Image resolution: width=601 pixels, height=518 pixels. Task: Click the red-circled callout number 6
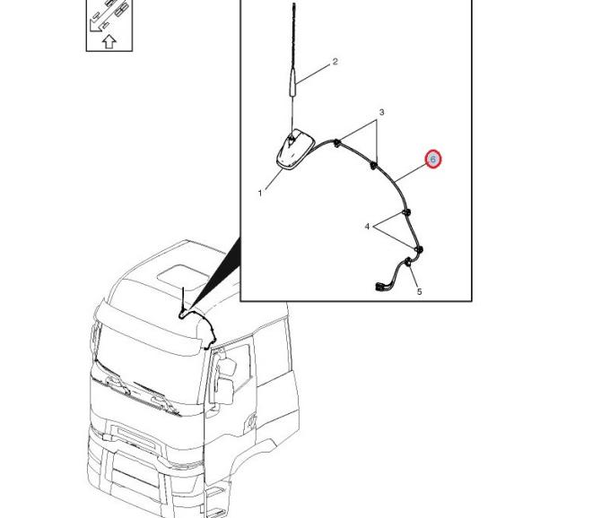point(433,159)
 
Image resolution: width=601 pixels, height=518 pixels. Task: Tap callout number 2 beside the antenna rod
point(335,62)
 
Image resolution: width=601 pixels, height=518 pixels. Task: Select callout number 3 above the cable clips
point(381,112)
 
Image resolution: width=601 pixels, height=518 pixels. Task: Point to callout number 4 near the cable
point(367,227)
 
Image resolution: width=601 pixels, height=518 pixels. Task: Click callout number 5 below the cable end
point(419,292)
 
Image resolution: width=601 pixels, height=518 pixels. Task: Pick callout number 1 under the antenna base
point(260,194)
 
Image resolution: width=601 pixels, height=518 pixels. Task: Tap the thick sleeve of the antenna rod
point(292,82)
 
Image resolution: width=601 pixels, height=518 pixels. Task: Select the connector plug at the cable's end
point(380,287)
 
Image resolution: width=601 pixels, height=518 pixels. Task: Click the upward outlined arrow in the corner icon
point(109,41)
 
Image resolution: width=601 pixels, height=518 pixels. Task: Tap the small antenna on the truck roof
point(183,301)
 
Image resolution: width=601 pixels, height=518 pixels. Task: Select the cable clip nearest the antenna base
point(336,143)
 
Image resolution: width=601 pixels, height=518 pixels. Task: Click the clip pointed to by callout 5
point(408,262)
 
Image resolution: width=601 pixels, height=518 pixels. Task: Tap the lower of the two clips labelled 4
point(419,250)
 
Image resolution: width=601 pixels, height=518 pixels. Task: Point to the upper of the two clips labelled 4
point(406,212)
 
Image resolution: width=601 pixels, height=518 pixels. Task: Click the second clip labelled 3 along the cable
point(373,166)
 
